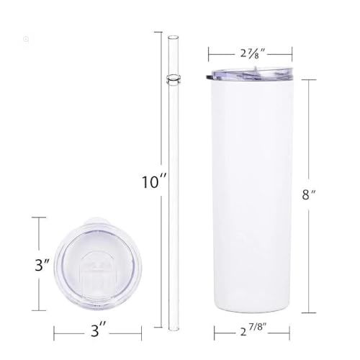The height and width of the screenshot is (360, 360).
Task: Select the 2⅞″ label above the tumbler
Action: click(252, 53)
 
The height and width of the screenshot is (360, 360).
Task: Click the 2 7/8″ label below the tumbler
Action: click(253, 330)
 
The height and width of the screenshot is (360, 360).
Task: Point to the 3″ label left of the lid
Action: click(42, 265)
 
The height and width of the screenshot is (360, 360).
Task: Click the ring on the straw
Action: click(173, 78)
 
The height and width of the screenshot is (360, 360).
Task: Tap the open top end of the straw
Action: click(174, 37)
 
